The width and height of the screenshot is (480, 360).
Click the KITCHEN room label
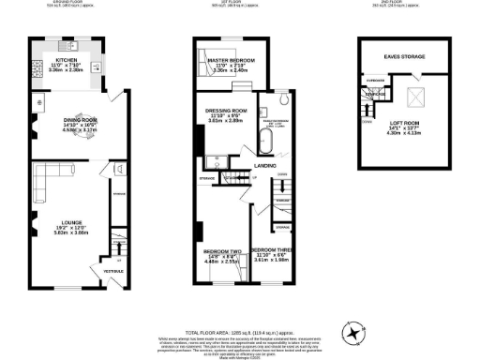tap(67, 57)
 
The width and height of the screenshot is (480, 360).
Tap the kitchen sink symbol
tap(75, 45)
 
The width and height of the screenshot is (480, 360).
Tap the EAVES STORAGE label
tap(404, 56)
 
